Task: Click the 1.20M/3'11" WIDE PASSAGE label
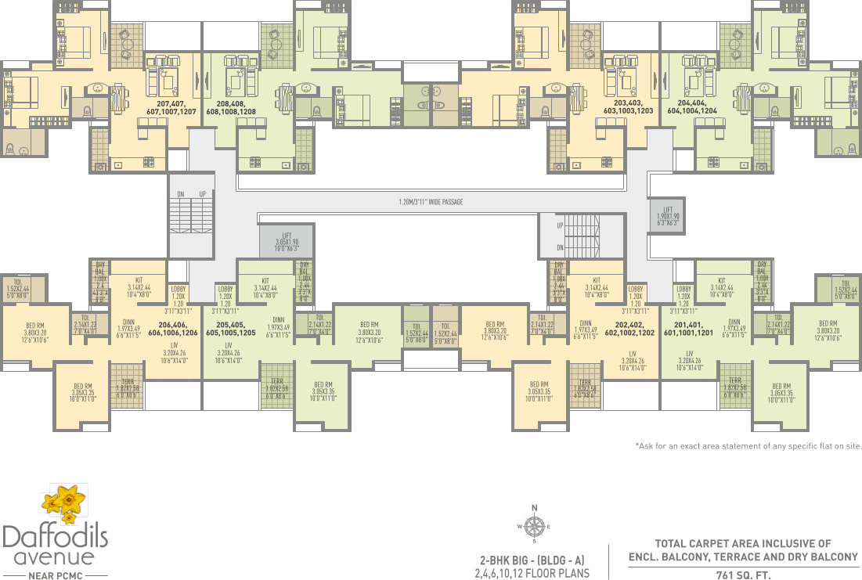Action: [x=430, y=202]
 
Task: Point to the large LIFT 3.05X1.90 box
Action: [x=286, y=240]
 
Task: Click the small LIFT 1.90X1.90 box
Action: [x=667, y=214]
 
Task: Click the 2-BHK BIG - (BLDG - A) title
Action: [x=532, y=560]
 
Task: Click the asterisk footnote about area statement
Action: [x=748, y=445]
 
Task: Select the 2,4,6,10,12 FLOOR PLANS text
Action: [x=532, y=572]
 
